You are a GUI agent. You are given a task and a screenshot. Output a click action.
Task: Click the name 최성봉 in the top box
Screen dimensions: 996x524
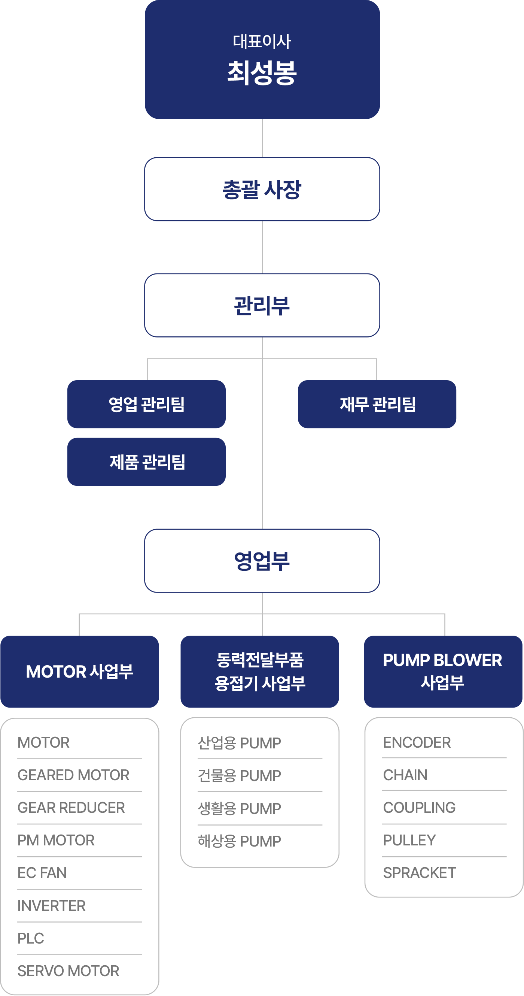click(x=262, y=73)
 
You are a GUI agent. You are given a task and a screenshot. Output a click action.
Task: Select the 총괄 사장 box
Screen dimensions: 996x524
click(x=262, y=189)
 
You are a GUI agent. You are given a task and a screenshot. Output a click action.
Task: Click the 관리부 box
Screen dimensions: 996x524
click(x=262, y=305)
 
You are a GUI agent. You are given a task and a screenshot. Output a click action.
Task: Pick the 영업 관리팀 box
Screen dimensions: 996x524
click(x=146, y=404)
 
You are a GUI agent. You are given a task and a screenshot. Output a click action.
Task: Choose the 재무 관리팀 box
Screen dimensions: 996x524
click(x=377, y=404)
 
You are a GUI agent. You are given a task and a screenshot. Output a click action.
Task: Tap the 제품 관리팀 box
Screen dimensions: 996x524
click(x=146, y=461)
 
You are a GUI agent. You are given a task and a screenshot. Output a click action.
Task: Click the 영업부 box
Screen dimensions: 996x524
click(x=262, y=561)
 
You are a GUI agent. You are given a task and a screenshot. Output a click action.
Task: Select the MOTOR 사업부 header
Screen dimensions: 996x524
click(x=80, y=672)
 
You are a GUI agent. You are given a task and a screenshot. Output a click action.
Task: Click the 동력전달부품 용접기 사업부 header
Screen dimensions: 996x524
click(x=260, y=672)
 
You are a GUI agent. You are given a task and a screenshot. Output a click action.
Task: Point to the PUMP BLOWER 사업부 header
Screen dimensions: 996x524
click(x=443, y=672)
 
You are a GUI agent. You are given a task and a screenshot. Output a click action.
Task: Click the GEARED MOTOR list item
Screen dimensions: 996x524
click(x=73, y=775)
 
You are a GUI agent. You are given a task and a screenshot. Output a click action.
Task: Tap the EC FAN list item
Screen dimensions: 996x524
click(x=42, y=873)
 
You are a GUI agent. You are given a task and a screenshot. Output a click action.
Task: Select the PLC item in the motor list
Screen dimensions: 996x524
click(x=31, y=938)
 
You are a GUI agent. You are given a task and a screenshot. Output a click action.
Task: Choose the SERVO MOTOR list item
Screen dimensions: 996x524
click(x=68, y=971)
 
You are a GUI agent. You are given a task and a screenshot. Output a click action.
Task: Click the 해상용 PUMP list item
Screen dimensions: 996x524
click(x=239, y=841)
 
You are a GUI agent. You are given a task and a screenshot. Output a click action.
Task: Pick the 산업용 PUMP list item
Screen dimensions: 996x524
click(x=239, y=743)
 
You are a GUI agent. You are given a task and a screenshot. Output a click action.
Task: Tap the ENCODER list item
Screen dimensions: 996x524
click(x=417, y=742)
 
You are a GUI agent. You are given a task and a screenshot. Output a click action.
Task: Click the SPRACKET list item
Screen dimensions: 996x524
click(x=419, y=873)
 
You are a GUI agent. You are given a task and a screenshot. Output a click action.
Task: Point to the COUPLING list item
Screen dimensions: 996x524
click(x=419, y=807)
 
